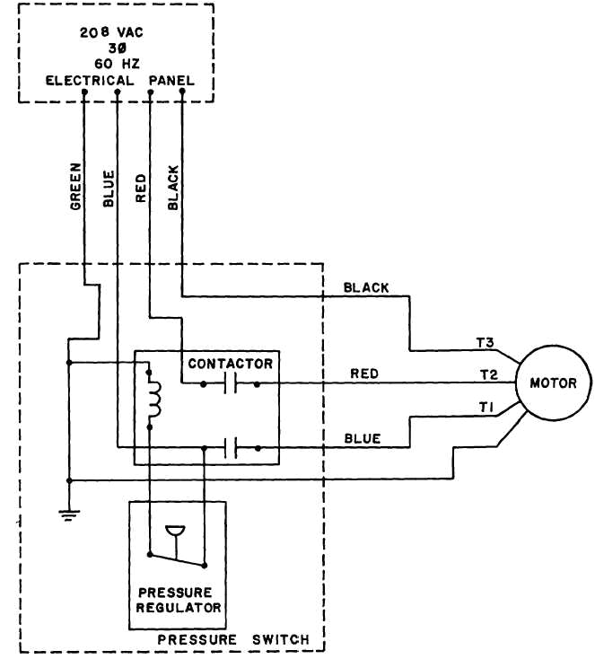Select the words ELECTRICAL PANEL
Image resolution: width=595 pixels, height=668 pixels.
(118, 81)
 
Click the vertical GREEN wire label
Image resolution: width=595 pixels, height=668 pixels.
(75, 186)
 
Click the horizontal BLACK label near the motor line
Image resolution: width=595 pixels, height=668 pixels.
(366, 287)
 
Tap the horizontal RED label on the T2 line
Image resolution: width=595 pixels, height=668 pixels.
(364, 374)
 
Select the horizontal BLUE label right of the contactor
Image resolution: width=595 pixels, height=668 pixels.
(363, 438)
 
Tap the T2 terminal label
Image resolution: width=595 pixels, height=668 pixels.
(488, 374)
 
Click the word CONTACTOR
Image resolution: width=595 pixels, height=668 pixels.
(230, 364)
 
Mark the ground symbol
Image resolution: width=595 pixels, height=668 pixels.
(68, 514)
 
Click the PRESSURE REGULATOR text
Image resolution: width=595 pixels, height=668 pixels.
(179, 600)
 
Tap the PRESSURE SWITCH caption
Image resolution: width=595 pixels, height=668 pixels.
(233, 639)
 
